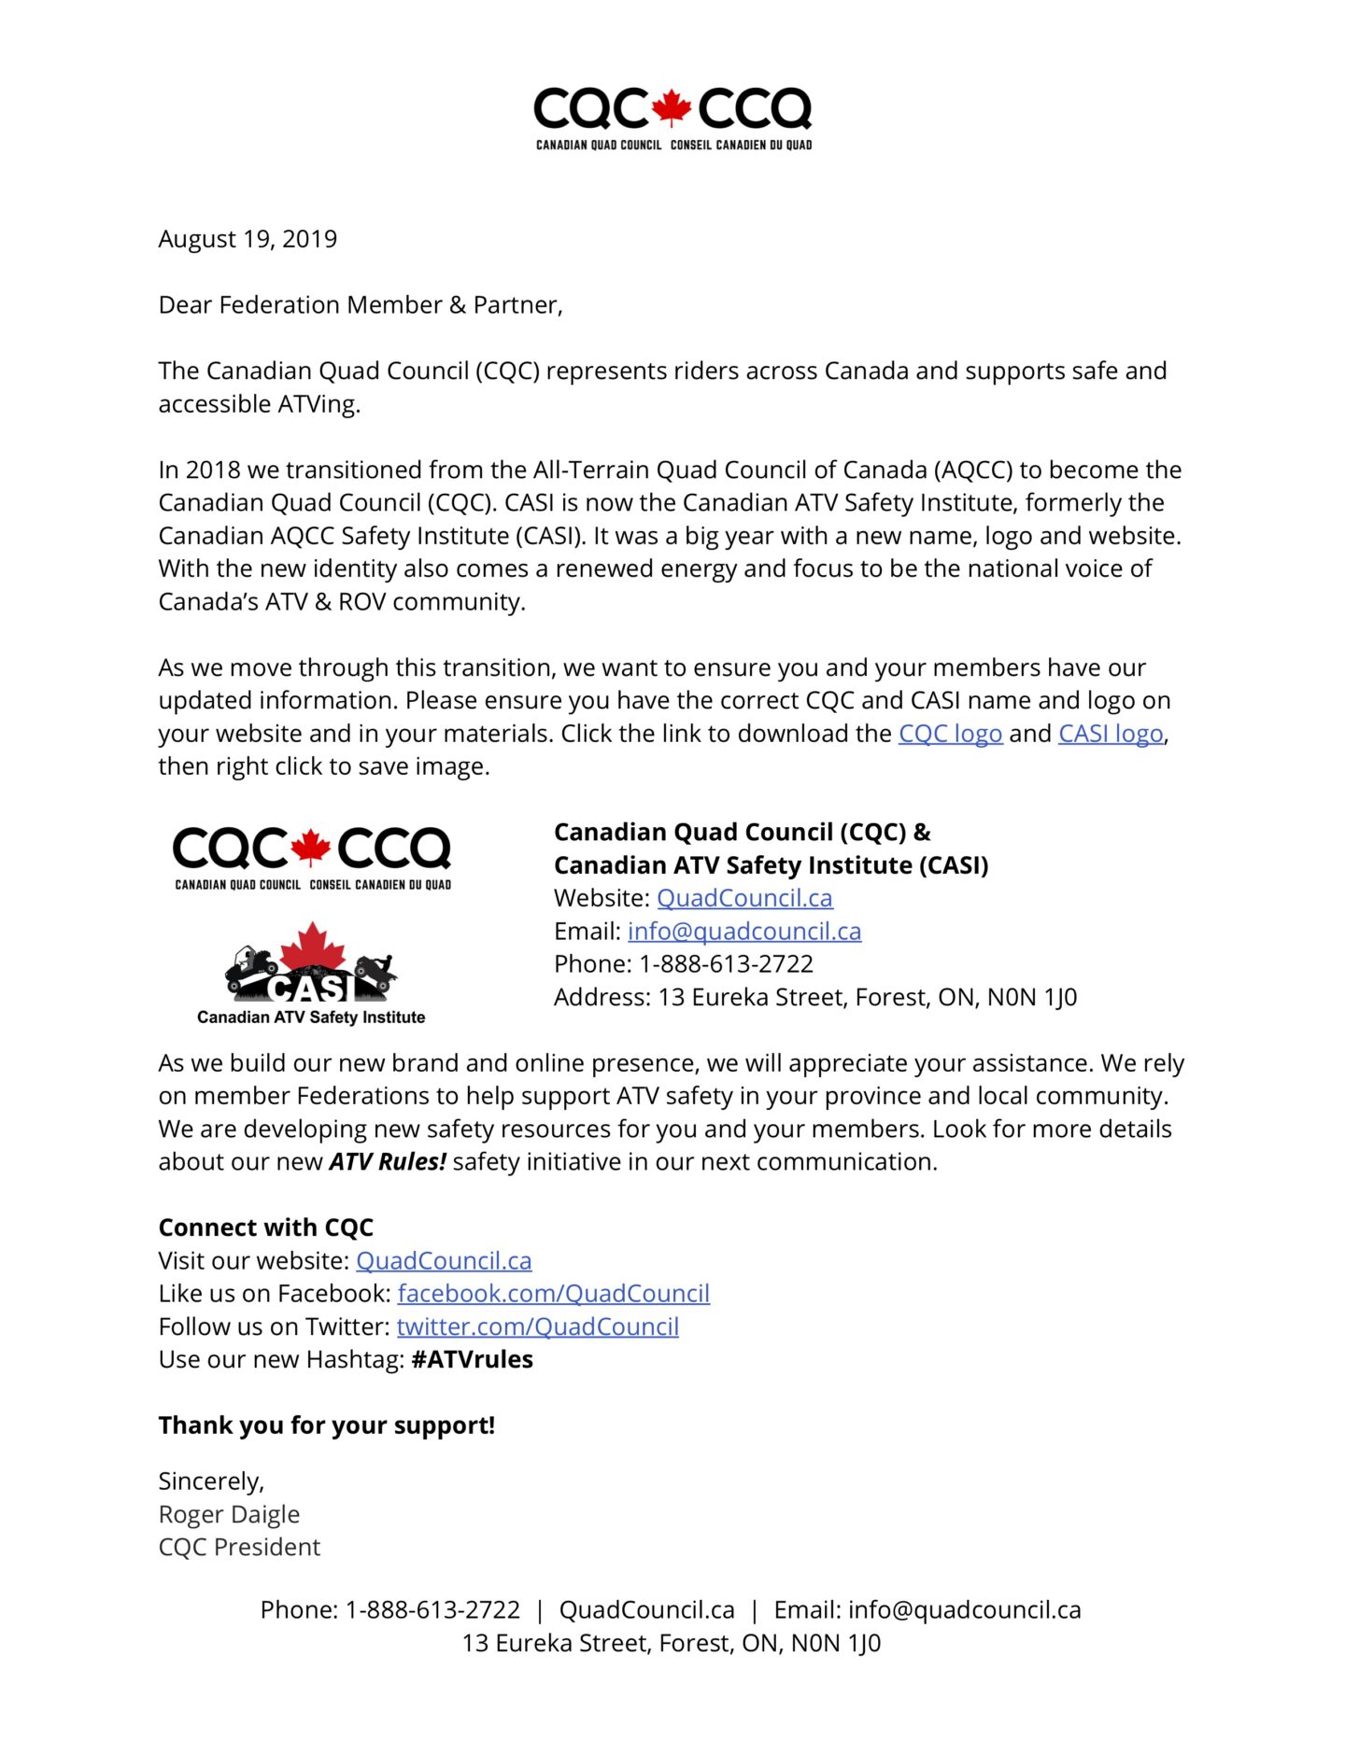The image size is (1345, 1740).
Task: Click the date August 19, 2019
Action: click(x=248, y=239)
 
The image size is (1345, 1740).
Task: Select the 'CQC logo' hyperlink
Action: click(x=950, y=734)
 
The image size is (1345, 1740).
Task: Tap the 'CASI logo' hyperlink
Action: click(x=1111, y=734)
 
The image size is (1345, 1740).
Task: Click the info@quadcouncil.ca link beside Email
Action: click(x=744, y=932)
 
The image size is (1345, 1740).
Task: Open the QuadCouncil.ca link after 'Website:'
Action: click(x=744, y=898)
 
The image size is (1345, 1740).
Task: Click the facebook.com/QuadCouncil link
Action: click(x=553, y=1294)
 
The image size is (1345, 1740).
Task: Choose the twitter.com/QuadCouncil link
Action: click(x=537, y=1326)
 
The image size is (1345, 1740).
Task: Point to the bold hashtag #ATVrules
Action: click(x=472, y=1360)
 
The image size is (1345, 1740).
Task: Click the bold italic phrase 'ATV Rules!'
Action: click(x=388, y=1162)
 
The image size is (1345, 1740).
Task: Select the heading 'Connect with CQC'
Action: click(x=266, y=1228)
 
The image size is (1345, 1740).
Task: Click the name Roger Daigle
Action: click(x=229, y=1514)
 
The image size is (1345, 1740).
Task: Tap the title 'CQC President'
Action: click(x=239, y=1548)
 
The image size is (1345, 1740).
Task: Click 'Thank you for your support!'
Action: click(x=327, y=1425)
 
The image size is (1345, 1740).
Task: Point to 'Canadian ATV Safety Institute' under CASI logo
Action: click(x=311, y=1017)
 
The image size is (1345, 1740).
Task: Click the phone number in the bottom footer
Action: click(x=432, y=1610)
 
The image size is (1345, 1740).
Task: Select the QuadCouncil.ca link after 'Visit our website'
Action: click(x=444, y=1261)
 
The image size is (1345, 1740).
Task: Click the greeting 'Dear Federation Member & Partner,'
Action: click(x=361, y=305)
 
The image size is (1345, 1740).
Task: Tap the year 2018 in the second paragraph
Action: click(x=212, y=470)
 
